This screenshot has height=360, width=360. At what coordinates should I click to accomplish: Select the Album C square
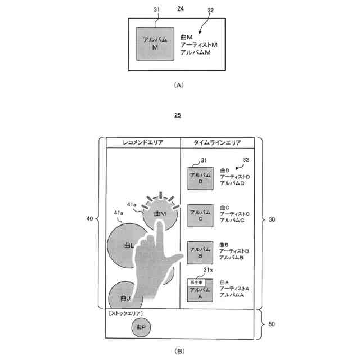200,216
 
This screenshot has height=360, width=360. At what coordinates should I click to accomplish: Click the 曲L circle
125,246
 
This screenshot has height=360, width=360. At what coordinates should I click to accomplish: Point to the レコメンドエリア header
143,143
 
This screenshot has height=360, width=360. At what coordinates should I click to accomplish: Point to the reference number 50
271,325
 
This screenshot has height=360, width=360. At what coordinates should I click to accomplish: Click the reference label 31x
208,271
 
